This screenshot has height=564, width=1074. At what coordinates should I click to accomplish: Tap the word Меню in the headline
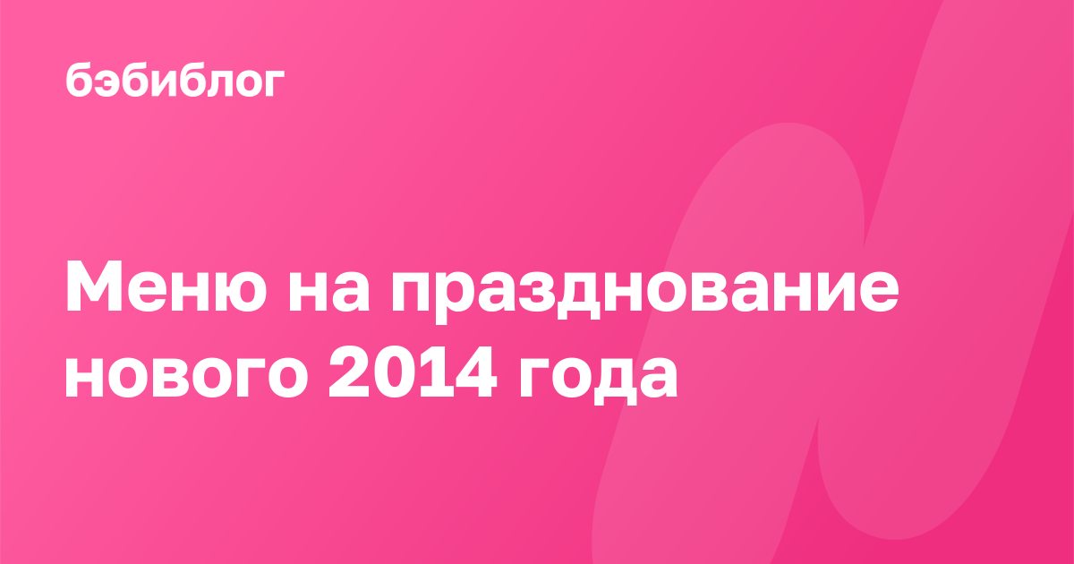[x=166, y=286]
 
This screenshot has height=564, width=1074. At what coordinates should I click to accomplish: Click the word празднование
[x=645, y=293]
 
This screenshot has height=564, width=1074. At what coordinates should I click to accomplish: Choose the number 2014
[x=413, y=371]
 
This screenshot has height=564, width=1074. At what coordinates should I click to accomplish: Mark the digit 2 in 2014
[x=347, y=371]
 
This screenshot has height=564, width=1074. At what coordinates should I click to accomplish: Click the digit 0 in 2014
[x=390, y=372]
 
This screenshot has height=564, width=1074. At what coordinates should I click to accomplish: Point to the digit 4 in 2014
[x=475, y=371]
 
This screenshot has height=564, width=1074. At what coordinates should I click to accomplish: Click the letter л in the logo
[x=210, y=83]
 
